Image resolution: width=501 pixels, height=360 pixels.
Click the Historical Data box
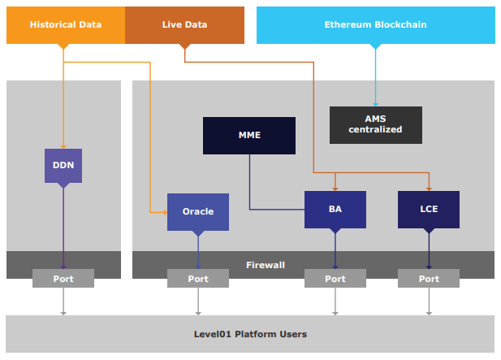[x=66, y=25]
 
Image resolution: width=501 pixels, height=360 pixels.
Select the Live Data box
[x=184, y=25]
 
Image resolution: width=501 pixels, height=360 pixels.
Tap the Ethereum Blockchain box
[x=376, y=25]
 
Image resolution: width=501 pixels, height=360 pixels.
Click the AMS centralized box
[x=376, y=125]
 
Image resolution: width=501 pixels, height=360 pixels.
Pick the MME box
[x=249, y=136]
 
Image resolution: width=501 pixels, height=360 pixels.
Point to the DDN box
[x=63, y=166]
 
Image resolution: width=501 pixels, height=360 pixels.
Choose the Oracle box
[x=198, y=212]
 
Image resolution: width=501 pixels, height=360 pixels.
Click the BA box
[x=335, y=210]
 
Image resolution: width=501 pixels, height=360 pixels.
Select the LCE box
[x=429, y=210]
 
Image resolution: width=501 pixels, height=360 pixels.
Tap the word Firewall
[x=266, y=265]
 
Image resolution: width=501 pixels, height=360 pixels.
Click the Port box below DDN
[x=63, y=278]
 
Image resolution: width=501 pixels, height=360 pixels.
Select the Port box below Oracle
[x=198, y=278]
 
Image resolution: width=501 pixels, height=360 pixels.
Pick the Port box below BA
[x=335, y=278]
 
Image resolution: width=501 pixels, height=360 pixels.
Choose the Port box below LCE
[x=429, y=278]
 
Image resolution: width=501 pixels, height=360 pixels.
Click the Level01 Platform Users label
[x=250, y=334]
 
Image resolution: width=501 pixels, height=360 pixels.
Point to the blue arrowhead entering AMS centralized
[x=376, y=105]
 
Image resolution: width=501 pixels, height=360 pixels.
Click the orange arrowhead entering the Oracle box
[x=165, y=212]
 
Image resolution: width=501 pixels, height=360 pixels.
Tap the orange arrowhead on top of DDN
[x=63, y=147]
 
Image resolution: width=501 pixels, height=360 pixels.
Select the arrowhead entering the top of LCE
[x=429, y=189]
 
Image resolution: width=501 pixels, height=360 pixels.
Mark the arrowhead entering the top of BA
[x=335, y=189]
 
